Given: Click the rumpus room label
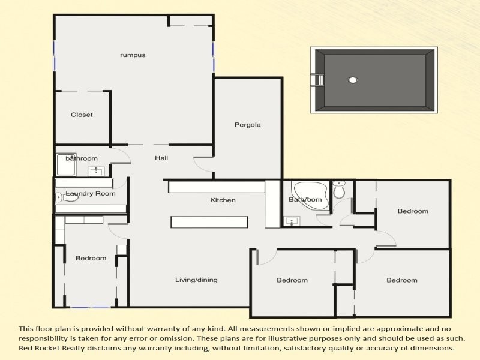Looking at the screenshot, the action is coord(133,55).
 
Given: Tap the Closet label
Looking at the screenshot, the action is coord(82,115).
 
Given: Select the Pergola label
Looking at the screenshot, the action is coord(248,125).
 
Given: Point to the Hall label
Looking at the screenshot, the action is coord(161,158).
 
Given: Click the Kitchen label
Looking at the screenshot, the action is coord(223,200).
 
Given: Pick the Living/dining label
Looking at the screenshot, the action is coord(196,280).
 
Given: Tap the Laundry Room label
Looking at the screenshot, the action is coord(91,193).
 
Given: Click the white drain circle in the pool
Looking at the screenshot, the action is coord(353,80).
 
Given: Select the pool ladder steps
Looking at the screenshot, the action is coord(318,80).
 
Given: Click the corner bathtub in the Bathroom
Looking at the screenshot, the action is coord(310,195).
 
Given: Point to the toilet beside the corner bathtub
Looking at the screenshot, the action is coord(339,189).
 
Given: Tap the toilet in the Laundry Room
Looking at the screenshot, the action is coord(67,197).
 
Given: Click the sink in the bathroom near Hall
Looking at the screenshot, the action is coord(96,172).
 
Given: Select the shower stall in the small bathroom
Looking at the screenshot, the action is coord(66,164).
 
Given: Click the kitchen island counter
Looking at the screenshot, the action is coord(209,222).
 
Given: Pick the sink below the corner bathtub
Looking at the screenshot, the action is coord(292,221).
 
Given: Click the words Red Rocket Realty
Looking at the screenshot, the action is coord(52,348).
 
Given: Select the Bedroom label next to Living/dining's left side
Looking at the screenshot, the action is coord(91,258).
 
